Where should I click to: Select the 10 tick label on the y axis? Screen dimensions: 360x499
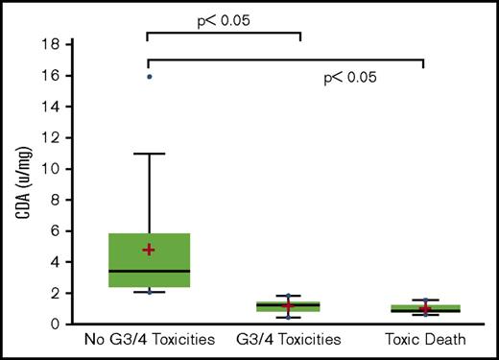tap(55, 169)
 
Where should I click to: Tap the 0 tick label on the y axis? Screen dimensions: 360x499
tap(59, 324)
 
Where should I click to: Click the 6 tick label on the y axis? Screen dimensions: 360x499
tap(59, 231)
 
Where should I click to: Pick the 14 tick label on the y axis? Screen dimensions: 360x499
tap(55, 107)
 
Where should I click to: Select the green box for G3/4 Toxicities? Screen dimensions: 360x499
tap(288, 306)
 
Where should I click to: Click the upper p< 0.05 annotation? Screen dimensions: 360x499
tap(224, 17)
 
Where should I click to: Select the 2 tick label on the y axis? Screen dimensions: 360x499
tap(59, 294)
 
